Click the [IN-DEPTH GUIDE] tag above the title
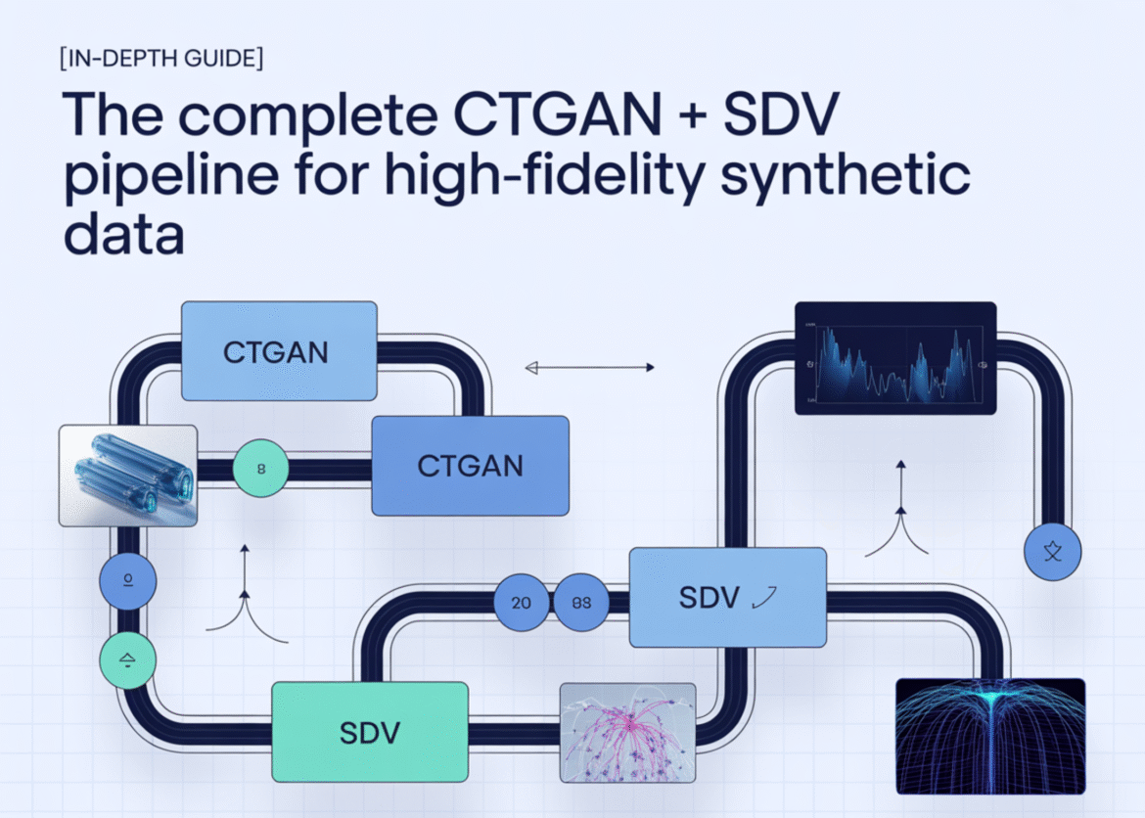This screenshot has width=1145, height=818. [161, 58]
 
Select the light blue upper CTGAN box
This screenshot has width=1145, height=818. [279, 350]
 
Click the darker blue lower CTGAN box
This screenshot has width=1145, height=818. [470, 466]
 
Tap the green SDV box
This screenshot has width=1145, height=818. [369, 731]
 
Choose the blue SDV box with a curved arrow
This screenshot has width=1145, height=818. [727, 597]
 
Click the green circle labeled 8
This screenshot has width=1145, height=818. [261, 468]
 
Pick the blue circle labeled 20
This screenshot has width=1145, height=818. [522, 602]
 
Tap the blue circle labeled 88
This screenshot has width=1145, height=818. [581, 602]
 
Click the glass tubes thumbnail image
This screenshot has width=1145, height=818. [128, 474]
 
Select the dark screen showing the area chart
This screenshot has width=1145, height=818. [894, 358]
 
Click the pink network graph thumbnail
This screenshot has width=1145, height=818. [627, 732]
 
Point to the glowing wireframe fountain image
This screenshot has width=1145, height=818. [990, 735]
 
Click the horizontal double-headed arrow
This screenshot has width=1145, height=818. [589, 368]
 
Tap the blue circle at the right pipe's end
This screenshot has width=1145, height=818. [1052, 552]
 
